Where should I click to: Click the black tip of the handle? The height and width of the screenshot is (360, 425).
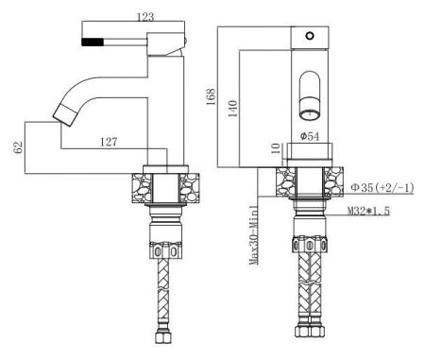[93, 43]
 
